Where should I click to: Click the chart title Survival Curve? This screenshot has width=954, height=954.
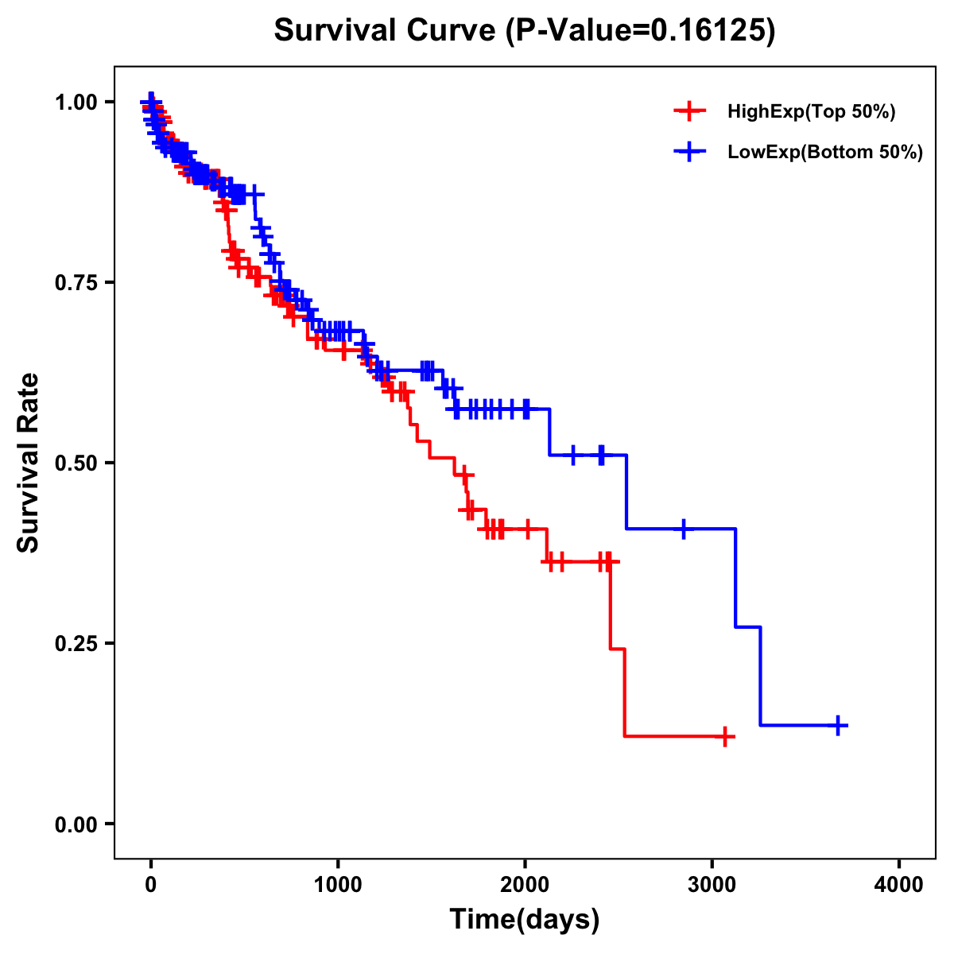pyautogui.click(x=386, y=30)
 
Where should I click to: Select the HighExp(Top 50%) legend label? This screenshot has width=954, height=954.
pyautogui.click(x=812, y=111)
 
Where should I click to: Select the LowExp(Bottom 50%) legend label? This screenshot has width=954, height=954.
pyautogui.click(x=825, y=152)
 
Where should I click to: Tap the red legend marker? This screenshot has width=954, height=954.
pyautogui.click(x=689, y=111)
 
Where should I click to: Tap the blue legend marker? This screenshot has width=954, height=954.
pyautogui.click(x=689, y=152)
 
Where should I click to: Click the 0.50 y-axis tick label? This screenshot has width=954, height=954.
pyautogui.click(x=77, y=463)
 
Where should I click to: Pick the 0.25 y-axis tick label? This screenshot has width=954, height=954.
pyautogui.click(x=77, y=643)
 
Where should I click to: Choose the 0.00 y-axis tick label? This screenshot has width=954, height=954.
pyautogui.click(x=77, y=824)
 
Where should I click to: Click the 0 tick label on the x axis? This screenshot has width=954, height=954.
pyautogui.click(x=151, y=885)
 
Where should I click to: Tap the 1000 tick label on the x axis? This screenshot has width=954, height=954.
pyautogui.click(x=338, y=885)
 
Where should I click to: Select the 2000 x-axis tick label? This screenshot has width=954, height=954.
pyautogui.click(x=525, y=885)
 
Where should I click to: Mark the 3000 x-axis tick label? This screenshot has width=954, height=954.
pyautogui.click(x=712, y=885)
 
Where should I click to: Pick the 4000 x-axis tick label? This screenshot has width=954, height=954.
pyautogui.click(x=899, y=885)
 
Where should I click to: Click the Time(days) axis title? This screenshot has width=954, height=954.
pyautogui.click(x=525, y=920)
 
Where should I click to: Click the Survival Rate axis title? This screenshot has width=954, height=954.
pyautogui.click(x=29, y=463)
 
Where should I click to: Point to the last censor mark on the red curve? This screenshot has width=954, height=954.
pyautogui.click(x=724, y=736)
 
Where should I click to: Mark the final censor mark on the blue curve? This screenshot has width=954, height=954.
pyautogui.click(x=838, y=725)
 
